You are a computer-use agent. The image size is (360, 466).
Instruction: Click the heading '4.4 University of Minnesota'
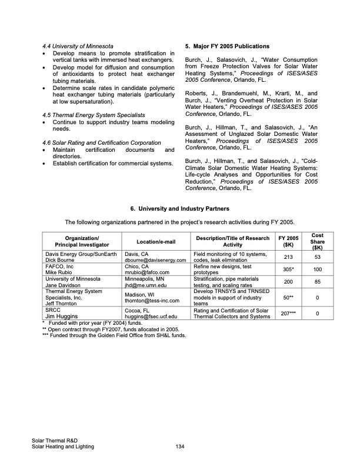[78, 46]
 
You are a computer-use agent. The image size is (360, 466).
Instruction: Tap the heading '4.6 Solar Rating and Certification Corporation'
[102, 143]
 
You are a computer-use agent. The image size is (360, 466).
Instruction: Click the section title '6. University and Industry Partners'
[180, 209]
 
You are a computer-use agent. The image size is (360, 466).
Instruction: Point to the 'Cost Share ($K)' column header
[316, 241]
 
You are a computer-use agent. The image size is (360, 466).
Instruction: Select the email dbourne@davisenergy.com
[155, 259]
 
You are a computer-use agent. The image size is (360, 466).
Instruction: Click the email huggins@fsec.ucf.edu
[151, 317]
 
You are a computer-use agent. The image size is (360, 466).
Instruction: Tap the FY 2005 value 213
[288, 257]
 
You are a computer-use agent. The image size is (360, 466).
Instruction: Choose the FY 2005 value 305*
[288, 269]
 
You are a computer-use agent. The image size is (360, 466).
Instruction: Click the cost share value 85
[316, 282]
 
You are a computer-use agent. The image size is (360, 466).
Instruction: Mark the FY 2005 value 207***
[288, 314]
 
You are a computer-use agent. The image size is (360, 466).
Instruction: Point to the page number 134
[180, 447]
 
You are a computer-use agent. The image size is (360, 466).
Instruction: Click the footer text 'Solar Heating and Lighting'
[63, 447]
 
